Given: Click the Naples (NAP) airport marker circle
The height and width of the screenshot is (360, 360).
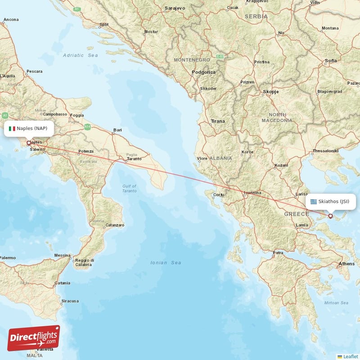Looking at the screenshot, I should tap(29, 143).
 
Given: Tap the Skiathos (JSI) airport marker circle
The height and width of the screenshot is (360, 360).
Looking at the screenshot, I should tap(330, 216).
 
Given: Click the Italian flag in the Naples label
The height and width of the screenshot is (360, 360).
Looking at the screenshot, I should tap(12, 129).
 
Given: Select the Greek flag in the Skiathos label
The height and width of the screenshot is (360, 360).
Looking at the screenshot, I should tap(313, 201).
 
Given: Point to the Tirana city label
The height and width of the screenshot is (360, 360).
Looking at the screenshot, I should tap(218, 121).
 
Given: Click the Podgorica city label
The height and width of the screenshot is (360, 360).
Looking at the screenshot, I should tap(204, 72).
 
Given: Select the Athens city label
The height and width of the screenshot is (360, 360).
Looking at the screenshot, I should tap(346, 264).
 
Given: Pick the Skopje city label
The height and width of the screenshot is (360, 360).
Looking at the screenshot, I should tap(270, 91).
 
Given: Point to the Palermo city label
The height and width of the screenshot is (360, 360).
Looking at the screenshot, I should tap(8, 258).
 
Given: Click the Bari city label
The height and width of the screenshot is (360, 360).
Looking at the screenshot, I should tap(117, 130).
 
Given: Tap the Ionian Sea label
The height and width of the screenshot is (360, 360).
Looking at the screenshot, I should tap(166, 263).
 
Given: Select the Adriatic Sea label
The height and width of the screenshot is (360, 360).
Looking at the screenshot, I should tap(81, 55).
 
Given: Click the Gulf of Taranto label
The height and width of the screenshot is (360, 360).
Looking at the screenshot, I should tap(129, 189).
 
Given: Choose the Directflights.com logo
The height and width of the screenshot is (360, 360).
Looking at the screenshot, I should tap(34, 338).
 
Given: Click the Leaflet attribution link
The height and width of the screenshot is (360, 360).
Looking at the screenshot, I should tap(350, 356).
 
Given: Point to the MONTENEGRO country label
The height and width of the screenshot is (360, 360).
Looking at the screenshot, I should tap(192, 60).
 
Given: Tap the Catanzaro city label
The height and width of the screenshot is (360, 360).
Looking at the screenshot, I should tap(115, 225).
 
